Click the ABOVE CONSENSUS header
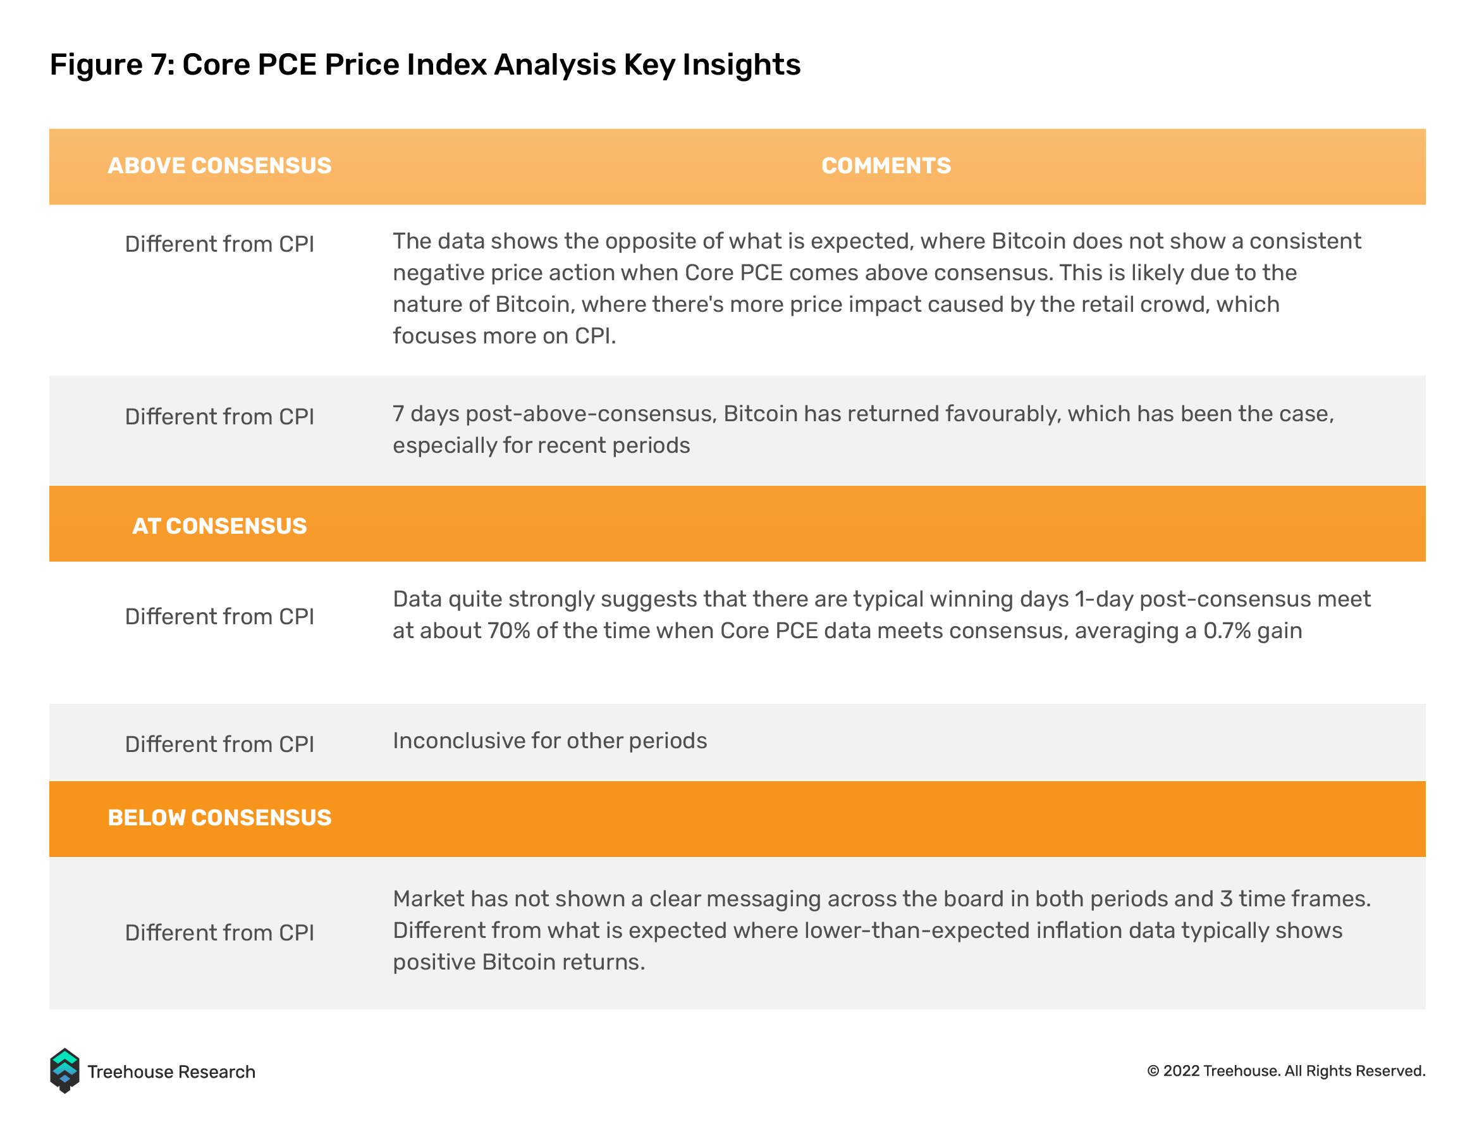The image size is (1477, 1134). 219,165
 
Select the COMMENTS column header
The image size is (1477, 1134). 886,165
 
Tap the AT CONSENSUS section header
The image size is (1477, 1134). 219,526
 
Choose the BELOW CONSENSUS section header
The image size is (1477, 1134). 219,817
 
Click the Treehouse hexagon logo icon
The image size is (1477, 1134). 64,1071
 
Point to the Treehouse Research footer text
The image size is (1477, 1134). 171,1072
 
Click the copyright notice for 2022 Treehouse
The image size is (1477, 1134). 1286,1071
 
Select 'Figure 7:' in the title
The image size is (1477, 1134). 112,65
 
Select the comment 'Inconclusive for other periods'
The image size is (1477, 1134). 550,741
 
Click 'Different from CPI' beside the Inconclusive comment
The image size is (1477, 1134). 219,744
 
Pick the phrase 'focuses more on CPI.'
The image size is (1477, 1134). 504,335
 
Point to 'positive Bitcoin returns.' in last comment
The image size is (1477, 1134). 519,962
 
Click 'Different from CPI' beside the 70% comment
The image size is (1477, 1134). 219,616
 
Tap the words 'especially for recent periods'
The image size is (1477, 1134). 541,445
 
